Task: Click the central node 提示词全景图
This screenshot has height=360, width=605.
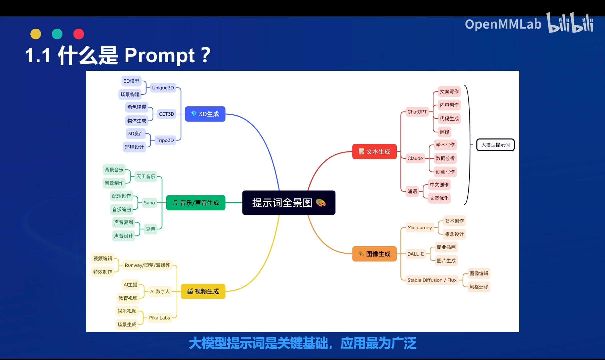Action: tap(289, 203)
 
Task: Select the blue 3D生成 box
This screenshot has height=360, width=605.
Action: tap(205, 114)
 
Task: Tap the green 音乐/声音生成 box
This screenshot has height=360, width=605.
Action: tap(196, 203)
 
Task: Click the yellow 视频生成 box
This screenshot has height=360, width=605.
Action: tap(203, 291)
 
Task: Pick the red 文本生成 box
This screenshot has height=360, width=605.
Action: tap(374, 152)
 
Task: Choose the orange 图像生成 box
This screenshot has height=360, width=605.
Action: tap(374, 254)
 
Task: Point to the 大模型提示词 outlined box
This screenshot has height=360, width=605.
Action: tap(495, 145)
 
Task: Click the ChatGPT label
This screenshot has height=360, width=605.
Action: tap(417, 112)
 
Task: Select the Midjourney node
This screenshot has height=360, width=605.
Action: tap(419, 228)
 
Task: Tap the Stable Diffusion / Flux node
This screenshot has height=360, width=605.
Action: tap(432, 280)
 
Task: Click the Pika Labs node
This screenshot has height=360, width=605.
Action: tap(159, 318)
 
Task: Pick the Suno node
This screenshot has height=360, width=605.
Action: tap(149, 203)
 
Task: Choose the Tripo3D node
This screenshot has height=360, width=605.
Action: tap(165, 140)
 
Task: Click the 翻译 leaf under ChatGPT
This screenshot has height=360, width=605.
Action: tap(444, 132)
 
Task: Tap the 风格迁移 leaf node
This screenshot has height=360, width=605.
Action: tap(479, 287)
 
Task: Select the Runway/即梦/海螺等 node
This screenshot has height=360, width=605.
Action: tap(147, 265)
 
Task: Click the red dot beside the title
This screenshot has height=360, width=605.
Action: tap(79, 34)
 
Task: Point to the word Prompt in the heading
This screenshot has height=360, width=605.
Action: tap(159, 55)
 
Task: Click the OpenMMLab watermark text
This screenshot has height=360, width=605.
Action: tap(503, 24)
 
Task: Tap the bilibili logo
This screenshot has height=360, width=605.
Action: tap(570, 23)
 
